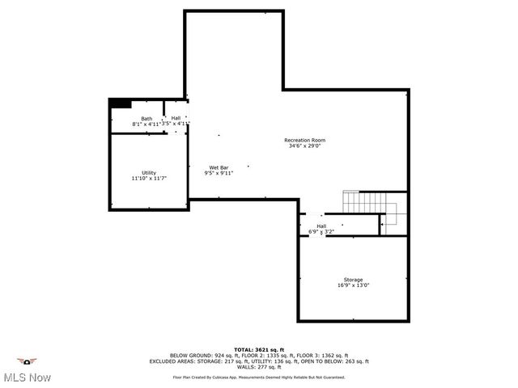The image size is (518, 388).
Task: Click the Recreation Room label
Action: [304, 140]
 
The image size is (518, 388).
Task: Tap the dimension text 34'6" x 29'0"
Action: [304, 146]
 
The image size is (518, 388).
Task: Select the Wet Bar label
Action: [219, 167]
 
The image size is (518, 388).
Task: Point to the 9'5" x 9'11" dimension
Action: [219, 173]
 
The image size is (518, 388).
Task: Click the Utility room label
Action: [149, 172]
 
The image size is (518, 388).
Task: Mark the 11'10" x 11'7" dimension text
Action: [149, 178]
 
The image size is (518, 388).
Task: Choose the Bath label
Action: [146, 119]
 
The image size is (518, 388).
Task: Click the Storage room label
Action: [352, 279]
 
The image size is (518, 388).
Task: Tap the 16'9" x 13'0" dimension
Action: [352, 285]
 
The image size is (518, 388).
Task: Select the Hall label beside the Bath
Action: [176, 118]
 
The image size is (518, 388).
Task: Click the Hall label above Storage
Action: [321, 226]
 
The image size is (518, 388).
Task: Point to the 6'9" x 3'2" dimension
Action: [321, 232]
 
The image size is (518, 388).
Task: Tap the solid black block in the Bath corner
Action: [121, 103]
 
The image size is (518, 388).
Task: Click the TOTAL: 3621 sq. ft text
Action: [259, 348]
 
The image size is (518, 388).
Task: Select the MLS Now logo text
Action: [28, 377]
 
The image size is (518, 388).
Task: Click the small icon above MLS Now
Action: [28, 361]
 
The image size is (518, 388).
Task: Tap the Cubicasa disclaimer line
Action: [259, 377]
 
